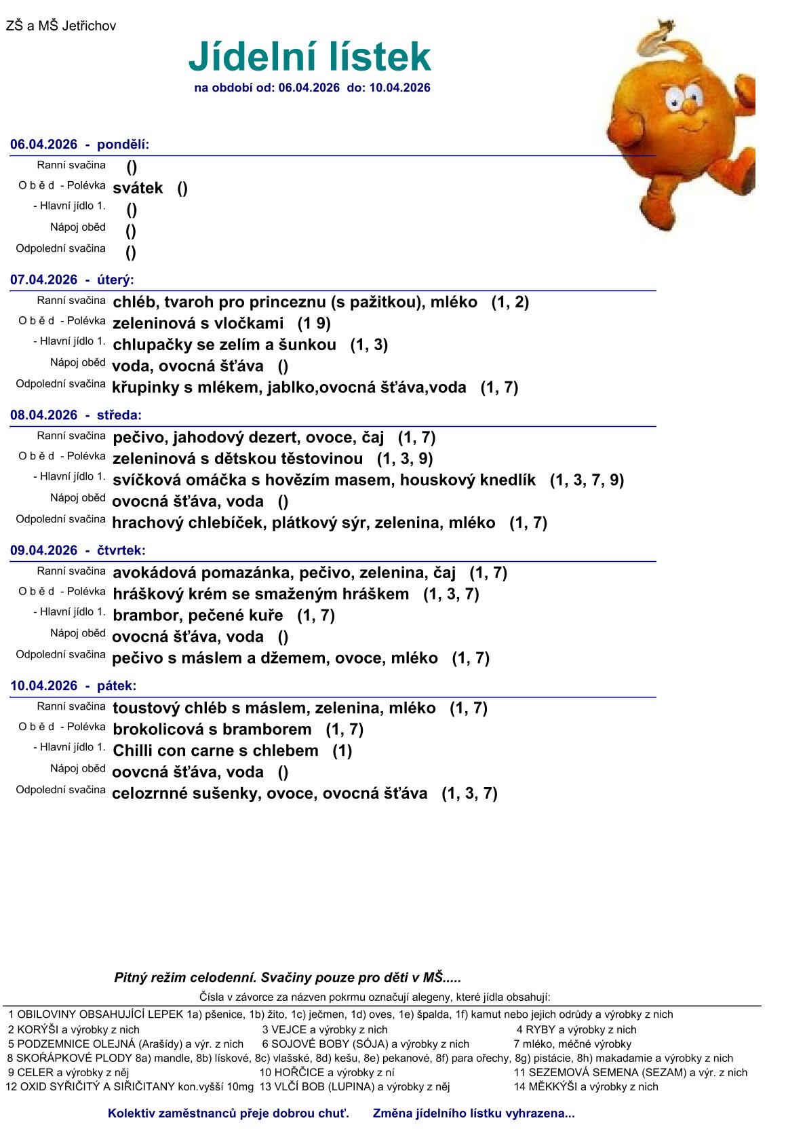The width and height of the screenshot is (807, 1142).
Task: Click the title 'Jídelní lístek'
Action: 309,56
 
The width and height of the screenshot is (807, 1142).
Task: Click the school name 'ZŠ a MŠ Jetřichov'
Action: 61,26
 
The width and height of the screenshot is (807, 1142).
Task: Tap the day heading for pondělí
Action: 80,145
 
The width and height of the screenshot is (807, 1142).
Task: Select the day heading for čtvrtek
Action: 78,550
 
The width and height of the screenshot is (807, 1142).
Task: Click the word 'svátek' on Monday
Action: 138,188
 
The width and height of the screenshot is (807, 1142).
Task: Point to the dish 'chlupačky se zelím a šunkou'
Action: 224,345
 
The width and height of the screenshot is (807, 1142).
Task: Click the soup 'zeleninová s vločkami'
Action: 198,323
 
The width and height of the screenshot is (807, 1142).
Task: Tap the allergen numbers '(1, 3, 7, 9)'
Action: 587,480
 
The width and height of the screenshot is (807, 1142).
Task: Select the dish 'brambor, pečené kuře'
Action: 198,615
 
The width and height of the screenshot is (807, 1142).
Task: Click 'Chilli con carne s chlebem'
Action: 216,750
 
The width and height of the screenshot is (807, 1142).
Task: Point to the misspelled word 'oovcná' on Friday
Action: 135,772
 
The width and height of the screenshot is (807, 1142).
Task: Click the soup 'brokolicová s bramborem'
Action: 212,729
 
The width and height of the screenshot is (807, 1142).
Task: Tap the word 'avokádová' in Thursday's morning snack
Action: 153,573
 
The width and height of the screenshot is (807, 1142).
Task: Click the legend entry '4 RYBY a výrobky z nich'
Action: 576,1029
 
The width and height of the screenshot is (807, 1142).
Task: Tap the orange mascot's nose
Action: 688,107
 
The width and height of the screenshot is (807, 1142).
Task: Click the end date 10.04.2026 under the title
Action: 399,88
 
